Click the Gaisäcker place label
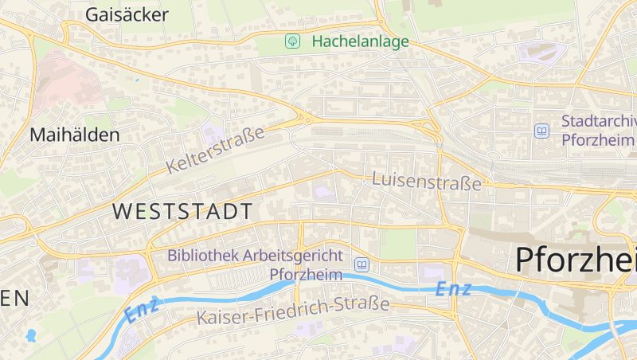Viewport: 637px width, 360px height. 127,14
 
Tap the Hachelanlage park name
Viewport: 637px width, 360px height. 360,41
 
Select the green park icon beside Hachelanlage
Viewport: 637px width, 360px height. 293,41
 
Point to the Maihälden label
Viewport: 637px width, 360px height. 74,135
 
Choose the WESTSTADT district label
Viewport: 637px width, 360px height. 183,211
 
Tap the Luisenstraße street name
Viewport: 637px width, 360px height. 427,180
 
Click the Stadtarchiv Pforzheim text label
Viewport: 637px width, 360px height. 599,131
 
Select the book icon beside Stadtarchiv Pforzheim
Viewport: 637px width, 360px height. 542,131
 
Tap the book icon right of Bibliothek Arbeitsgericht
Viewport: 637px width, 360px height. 362,264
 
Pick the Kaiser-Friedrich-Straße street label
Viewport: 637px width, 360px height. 293,311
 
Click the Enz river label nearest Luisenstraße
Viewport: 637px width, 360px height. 453,290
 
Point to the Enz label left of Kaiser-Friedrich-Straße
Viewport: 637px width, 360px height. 143,310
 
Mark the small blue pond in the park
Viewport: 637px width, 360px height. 31,335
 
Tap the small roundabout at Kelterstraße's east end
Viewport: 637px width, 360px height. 305,119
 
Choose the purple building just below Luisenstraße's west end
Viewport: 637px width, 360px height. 322,191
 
